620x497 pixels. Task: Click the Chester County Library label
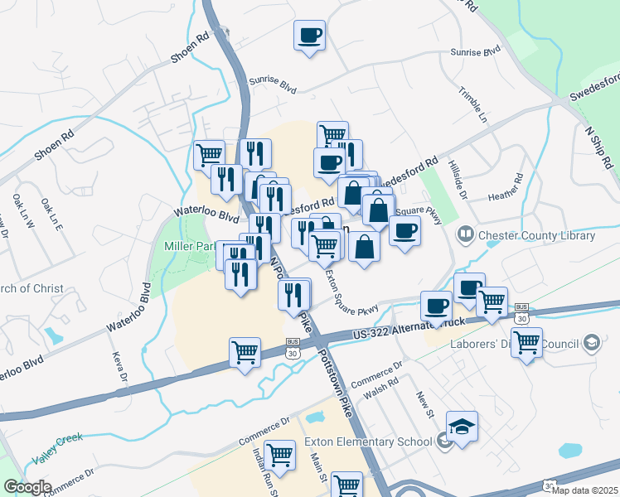click(535, 235)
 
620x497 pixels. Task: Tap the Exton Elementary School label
click(368, 442)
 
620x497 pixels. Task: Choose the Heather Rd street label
click(505, 188)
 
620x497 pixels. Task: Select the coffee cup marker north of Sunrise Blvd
click(309, 35)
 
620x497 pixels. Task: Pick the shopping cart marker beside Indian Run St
click(280, 454)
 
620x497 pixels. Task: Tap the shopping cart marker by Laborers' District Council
click(526, 341)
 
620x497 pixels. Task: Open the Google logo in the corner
click(27, 487)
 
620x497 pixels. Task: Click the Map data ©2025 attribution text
click(588, 490)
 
